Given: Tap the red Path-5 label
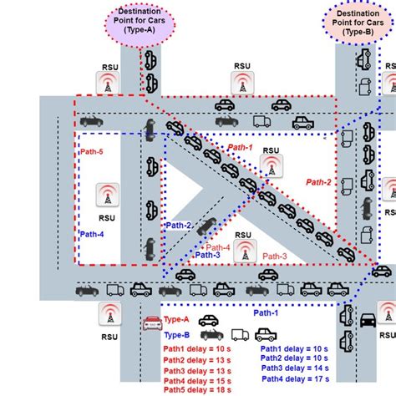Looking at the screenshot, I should click(92, 152).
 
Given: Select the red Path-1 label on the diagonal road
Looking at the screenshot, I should click(240, 147).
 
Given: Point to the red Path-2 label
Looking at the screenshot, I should click(318, 181).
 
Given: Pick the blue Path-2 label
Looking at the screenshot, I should click(178, 225).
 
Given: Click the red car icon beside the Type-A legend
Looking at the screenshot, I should click(151, 323).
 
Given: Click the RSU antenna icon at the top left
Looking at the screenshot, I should click(108, 84).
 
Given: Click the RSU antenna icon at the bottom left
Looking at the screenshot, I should click(109, 315).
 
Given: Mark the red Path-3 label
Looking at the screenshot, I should click(275, 256).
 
